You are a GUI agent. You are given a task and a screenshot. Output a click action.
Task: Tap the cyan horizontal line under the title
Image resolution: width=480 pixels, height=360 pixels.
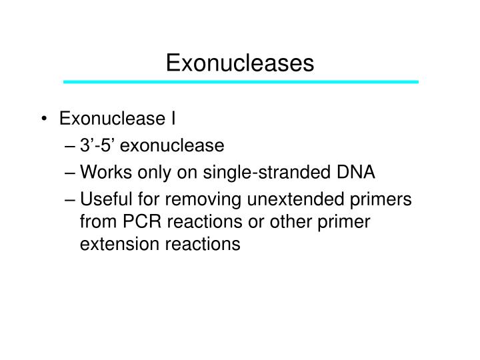tap(240, 81)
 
